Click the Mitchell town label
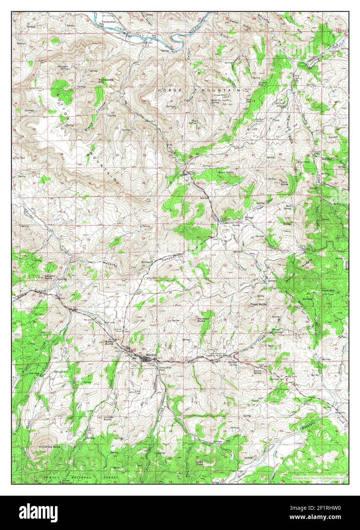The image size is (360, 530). pyautogui.click(x=151, y=355)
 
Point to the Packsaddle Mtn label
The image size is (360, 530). pyautogui.click(x=101, y=81)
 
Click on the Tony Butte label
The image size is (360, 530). pyautogui.click(x=284, y=183)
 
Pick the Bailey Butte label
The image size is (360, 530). pyautogui.click(x=109, y=342)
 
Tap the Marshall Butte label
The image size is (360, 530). pyautogui.click(x=203, y=320)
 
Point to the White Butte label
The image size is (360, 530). pyautogui.click(x=53, y=446)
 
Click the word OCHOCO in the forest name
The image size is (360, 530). pyautogui.click(x=51, y=477)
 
